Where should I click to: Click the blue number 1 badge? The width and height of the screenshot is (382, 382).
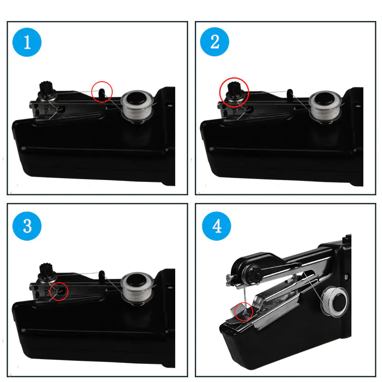coord(27,42)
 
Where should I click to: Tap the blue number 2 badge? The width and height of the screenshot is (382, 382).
coord(215,42)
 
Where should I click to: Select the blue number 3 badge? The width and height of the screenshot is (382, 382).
coord(27,225)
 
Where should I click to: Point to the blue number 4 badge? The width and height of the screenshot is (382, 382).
coord(216,225)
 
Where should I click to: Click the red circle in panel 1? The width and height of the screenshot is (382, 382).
coord(102,90)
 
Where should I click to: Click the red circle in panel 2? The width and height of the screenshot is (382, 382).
coord(234,91)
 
